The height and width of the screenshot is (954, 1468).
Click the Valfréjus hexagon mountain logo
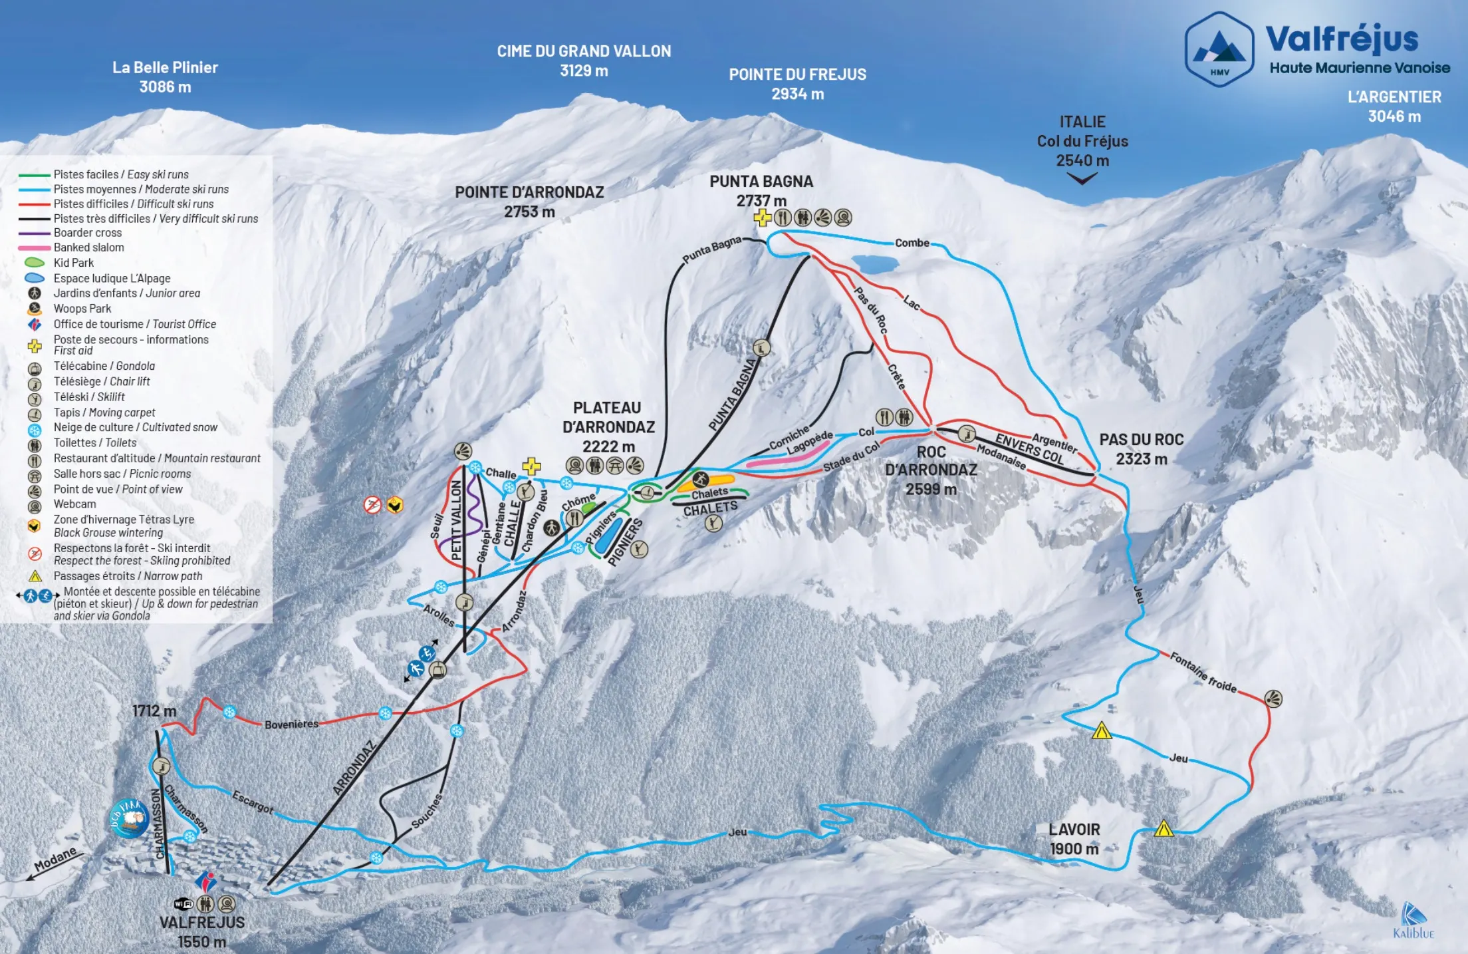tap(1219, 49)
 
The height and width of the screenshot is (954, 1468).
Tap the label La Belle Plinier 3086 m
tap(165, 77)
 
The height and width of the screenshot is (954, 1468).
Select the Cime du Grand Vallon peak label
tap(584, 61)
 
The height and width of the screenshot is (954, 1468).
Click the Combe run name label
tap(912, 243)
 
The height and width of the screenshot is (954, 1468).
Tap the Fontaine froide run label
tap(1203, 673)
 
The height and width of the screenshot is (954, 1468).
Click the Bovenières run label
tap(291, 724)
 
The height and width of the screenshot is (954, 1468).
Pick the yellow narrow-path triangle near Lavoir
tap(1163, 829)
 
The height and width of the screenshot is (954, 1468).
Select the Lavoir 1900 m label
tap(1074, 839)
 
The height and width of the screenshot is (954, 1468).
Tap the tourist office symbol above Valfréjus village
tap(206, 882)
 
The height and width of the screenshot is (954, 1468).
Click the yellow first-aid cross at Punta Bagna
tap(762, 218)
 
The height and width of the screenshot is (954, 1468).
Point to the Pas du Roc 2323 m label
tap(1141, 449)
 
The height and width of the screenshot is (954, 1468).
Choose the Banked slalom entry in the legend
tap(88, 247)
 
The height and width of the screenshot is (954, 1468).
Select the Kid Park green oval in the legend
tap(35, 263)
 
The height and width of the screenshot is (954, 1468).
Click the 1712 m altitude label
tap(154, 711)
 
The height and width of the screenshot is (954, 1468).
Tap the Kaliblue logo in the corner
tap(1413, 921)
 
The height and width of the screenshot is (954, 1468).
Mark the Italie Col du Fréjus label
tap(1082, 141)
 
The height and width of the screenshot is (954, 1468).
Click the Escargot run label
tap(253, 802)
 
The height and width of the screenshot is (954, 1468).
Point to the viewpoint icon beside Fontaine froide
tap(1273, 699)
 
